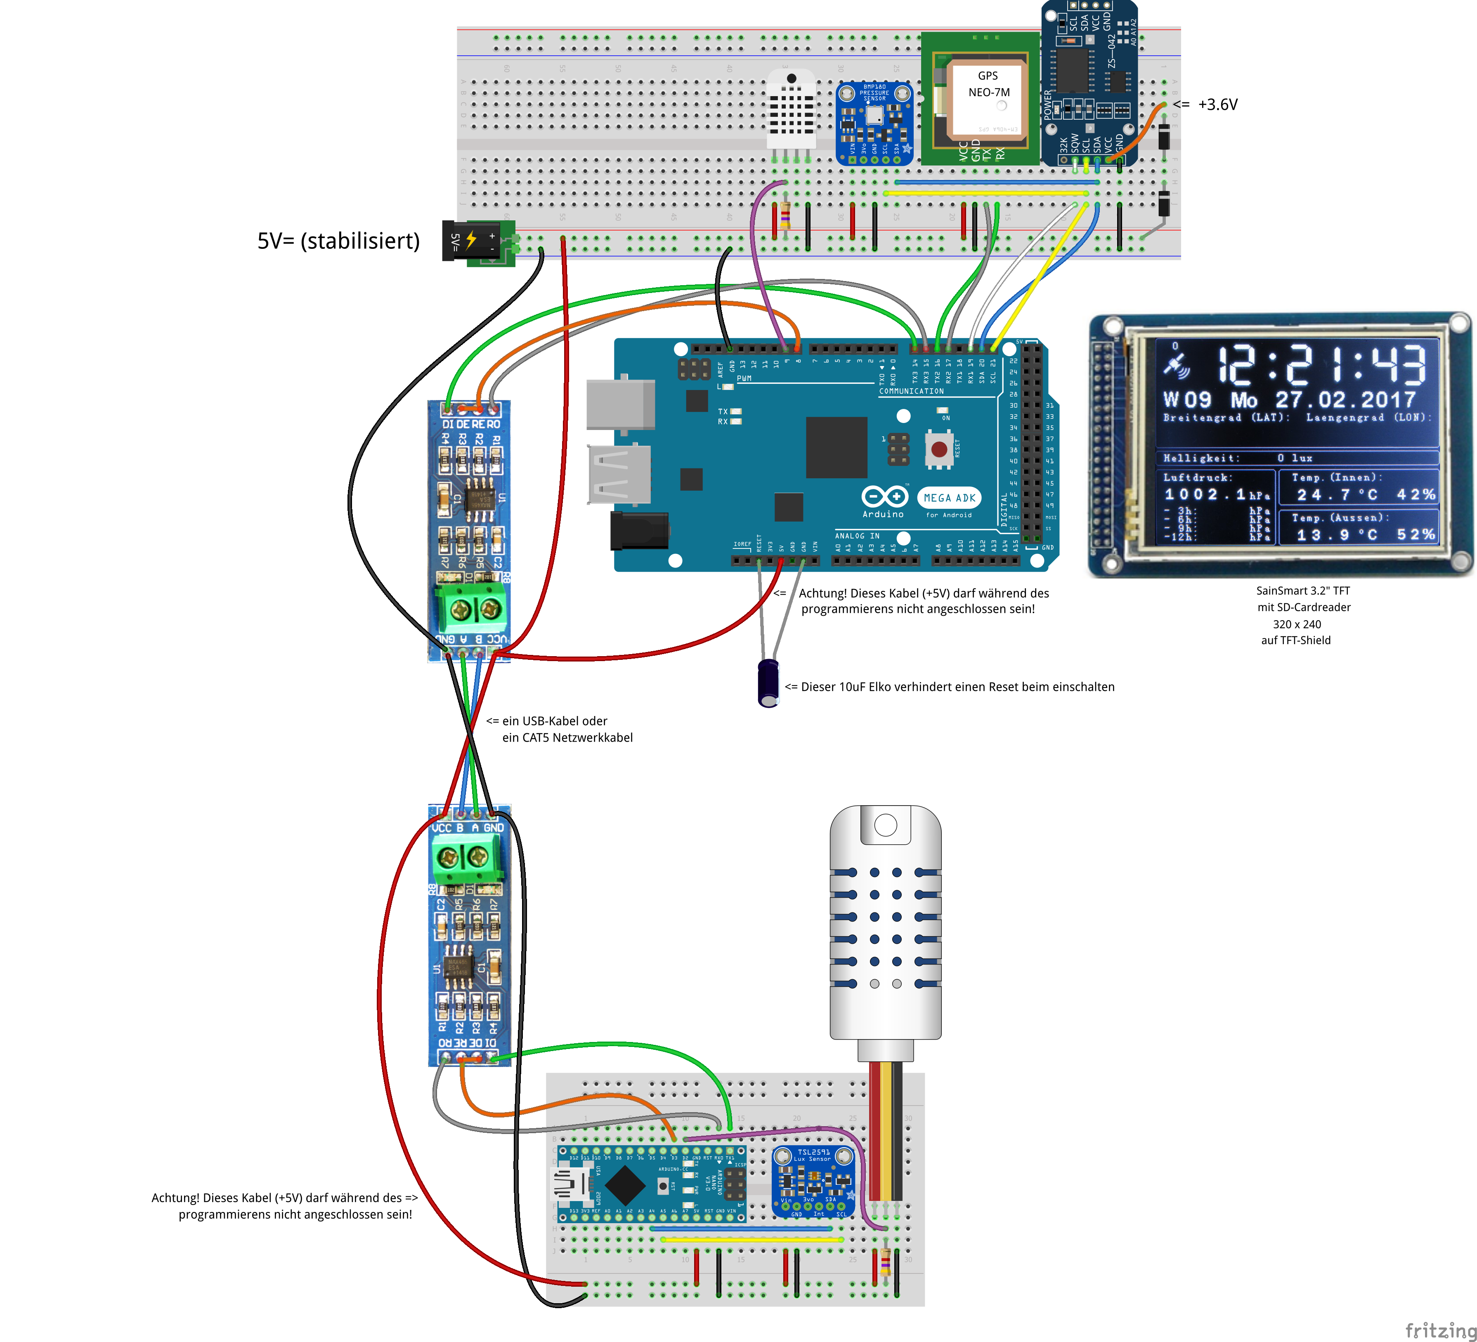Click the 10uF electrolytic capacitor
768,683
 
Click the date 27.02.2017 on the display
1345,400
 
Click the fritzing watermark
1439,1330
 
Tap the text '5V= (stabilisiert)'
338,241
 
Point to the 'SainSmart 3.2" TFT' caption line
1302,591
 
